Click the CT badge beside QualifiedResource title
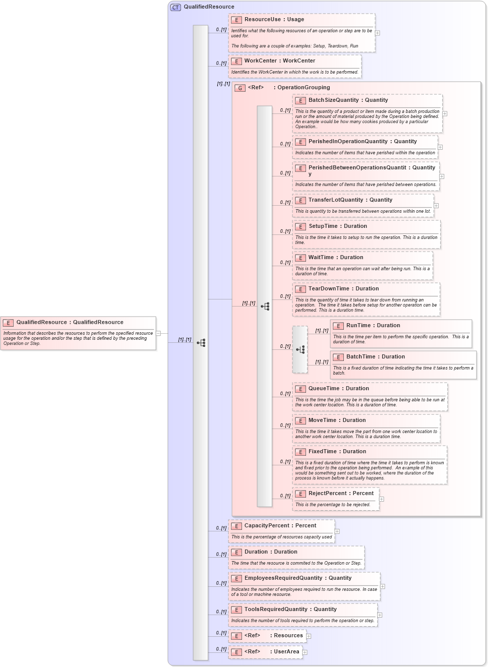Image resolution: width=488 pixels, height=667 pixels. pos(175,7)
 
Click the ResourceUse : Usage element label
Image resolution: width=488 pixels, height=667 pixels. pos(274,20)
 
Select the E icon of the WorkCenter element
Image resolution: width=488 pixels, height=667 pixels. pos(236,61)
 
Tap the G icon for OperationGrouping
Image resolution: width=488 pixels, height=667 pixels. pos(240,88)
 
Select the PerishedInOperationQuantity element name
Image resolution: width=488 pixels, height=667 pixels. pos(348,142)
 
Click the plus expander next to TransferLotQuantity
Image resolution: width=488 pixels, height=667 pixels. pos(436,206)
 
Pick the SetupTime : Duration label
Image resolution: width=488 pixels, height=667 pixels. pos(338,226)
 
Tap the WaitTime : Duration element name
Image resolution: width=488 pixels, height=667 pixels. pos(336,258)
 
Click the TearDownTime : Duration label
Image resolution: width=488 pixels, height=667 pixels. pos(343,289)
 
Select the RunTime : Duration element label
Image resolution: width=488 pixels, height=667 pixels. pos(373,326)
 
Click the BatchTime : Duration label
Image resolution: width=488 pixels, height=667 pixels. pos(376,357)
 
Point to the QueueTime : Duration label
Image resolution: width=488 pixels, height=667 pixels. pos(339,389)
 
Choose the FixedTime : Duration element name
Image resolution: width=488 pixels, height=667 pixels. pos(337,452)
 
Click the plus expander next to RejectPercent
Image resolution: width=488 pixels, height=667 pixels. pos(382,499)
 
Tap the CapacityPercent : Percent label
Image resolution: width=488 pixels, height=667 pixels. pos(280,526)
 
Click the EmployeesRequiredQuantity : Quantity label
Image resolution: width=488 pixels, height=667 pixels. pos(298,578)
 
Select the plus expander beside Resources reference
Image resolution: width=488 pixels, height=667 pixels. pos(309,636)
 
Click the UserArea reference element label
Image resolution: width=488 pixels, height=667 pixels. pos(272,652)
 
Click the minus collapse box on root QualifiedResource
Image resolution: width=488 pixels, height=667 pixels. pos(158,333)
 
